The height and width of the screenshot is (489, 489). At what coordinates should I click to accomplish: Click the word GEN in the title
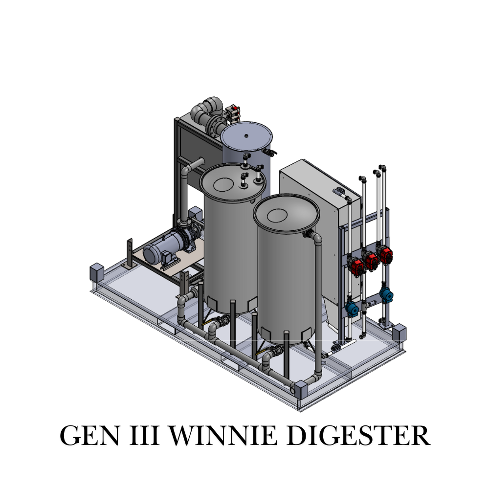coord(89,435)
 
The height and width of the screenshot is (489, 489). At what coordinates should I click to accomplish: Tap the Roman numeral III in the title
coord(144,435)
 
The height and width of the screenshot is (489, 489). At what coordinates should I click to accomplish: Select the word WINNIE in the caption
coord(223,435)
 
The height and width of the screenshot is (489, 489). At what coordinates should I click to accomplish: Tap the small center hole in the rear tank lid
coord(246,135)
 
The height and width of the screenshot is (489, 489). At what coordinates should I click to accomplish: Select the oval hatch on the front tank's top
coord(277,215)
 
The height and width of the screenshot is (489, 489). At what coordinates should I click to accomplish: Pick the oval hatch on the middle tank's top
coord(223,184)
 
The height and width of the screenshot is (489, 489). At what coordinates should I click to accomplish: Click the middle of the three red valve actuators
coord(371,261)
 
